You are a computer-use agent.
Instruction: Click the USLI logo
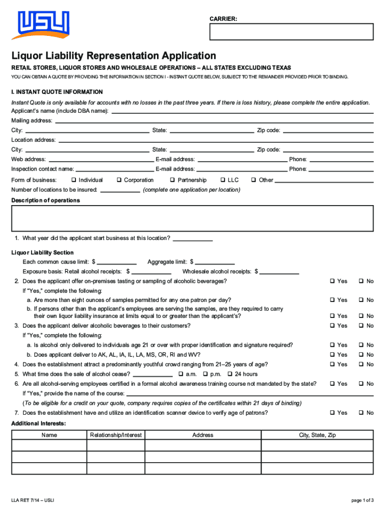pyautogui.click(x=43, y=25)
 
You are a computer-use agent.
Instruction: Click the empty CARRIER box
pyautogui.click(x=291, y=31)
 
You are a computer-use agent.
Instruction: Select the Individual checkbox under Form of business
pyautogui.click(x=73, y=180)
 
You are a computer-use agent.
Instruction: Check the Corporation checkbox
pyautogui.click(x=119, y=180)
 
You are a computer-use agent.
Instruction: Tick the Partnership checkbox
pyautogui.click(x=172, y=180)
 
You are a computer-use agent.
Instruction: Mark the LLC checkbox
pyautogui.click(x=222, y=180)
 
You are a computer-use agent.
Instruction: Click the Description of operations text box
pyautogui.click(x=192, y=219)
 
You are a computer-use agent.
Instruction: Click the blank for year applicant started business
pyautogui.click(x=192, y=239)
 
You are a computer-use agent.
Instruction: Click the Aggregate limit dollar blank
pyautogui.click(x=215, y=262)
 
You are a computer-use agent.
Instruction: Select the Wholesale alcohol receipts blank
pyautogui.click(x=279, y=272)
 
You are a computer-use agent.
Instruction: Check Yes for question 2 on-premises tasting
pyautogui.click(x=332, y=281)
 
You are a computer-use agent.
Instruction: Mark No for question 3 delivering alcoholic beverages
pyautogui.click(x=360, y=326)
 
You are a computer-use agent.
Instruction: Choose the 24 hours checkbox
pyautogui.click(x=230, y=374)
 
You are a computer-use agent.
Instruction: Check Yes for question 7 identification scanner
pyautogui.click(x=332, y=413)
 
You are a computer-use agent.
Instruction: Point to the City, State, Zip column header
pyautogui.click(x=317, y=435)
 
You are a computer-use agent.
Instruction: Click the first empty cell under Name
pyautogui.click(x=49, y=446)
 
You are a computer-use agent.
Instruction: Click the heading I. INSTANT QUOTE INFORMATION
pyautogui.click(x=57, y=92)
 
